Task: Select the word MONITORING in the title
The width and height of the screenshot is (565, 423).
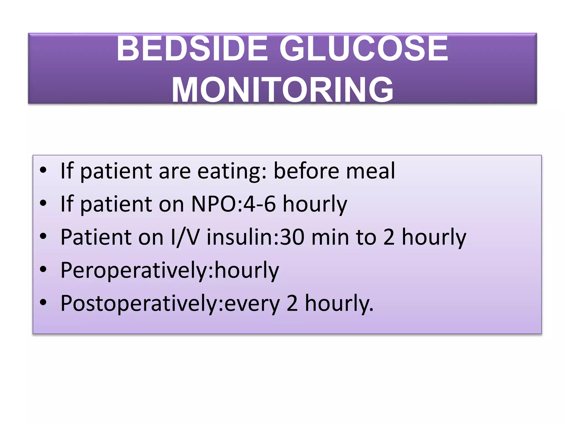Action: coord(282,90)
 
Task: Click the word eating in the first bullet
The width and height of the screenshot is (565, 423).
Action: coord(232,172)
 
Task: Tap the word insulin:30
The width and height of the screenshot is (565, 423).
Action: coord(255,237)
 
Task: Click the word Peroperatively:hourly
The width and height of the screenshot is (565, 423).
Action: coord(170,270)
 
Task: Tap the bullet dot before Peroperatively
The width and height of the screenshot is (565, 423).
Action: coord(43,269)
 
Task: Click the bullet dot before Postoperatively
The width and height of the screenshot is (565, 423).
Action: coord(43,302)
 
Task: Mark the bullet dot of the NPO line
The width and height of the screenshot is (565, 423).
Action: coord(43,203)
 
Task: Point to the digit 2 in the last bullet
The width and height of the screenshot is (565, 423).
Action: coord(292,303)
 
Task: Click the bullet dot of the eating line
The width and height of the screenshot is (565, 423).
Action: coord(43,170)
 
